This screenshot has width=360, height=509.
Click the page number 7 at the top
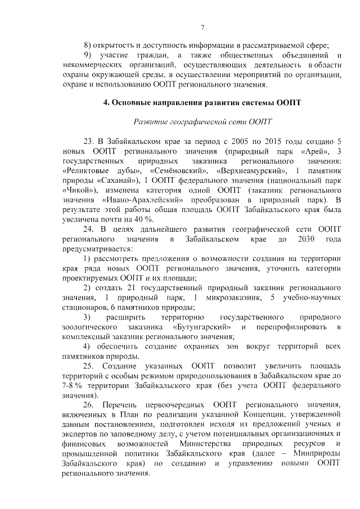[x=202, y=27]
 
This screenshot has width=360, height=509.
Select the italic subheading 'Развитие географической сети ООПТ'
[x=202, y=121]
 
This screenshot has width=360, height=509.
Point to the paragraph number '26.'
[x=89, y=407]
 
